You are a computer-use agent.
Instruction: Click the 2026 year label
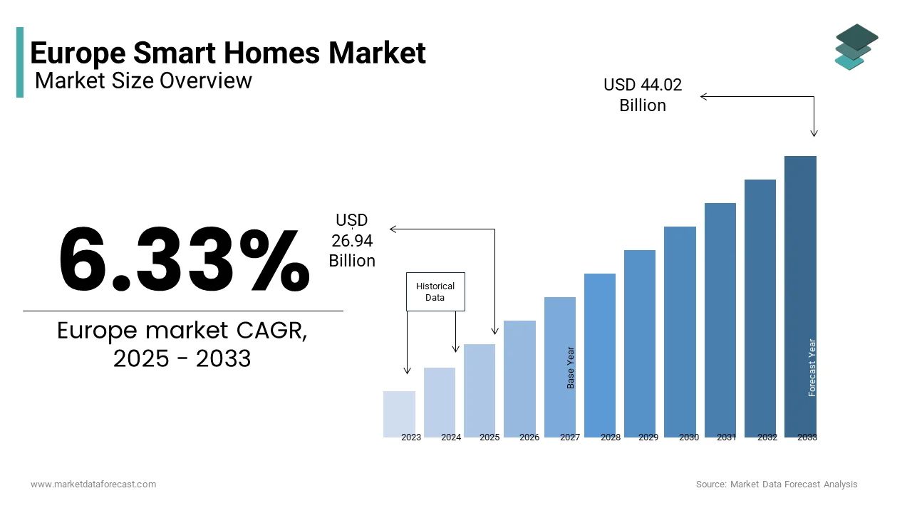529,437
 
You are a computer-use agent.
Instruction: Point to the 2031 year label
727,437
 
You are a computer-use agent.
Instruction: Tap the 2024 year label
451,437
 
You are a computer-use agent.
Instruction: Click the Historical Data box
435,291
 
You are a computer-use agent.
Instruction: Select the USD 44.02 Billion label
643,95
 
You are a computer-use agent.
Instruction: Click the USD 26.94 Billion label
352,241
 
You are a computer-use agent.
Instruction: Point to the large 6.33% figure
184,260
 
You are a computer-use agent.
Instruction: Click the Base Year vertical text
571,368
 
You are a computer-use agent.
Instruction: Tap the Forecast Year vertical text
812,368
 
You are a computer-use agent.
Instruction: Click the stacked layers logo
856,47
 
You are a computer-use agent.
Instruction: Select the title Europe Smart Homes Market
228,53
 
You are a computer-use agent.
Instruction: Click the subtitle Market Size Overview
143,81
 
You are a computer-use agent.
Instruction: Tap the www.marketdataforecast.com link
93,484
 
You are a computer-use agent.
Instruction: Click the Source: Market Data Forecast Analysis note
777,484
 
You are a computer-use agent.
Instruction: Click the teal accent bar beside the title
20,62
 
